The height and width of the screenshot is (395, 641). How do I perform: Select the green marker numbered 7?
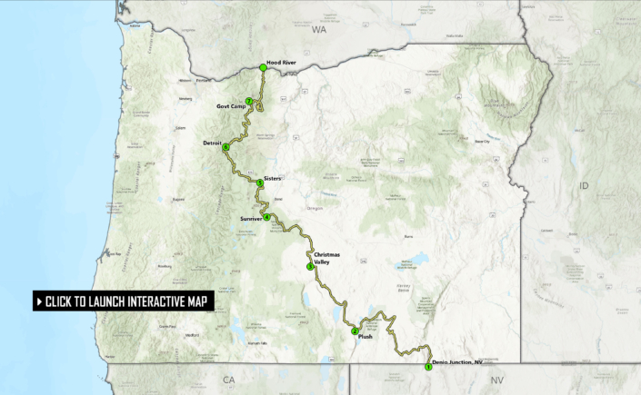coord(248,101)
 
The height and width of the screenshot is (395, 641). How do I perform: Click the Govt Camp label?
coord(231,106)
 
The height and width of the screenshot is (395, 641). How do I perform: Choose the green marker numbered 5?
coord(260,183)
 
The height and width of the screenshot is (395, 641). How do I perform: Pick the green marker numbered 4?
coord(267,216)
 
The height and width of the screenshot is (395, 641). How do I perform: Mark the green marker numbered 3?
coord(311,266)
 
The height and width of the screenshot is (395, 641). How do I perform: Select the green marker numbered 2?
coord(355,331)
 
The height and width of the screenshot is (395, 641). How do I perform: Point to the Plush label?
coord(366,337)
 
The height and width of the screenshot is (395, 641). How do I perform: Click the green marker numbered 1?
coord(428,367)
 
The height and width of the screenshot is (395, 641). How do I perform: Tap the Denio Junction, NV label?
coord(457,362)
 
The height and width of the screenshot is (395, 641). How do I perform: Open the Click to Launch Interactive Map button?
coord(125,301)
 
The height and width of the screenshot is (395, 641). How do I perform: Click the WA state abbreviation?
coord(317,30)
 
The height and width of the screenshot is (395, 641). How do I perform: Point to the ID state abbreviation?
coord(584,185)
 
